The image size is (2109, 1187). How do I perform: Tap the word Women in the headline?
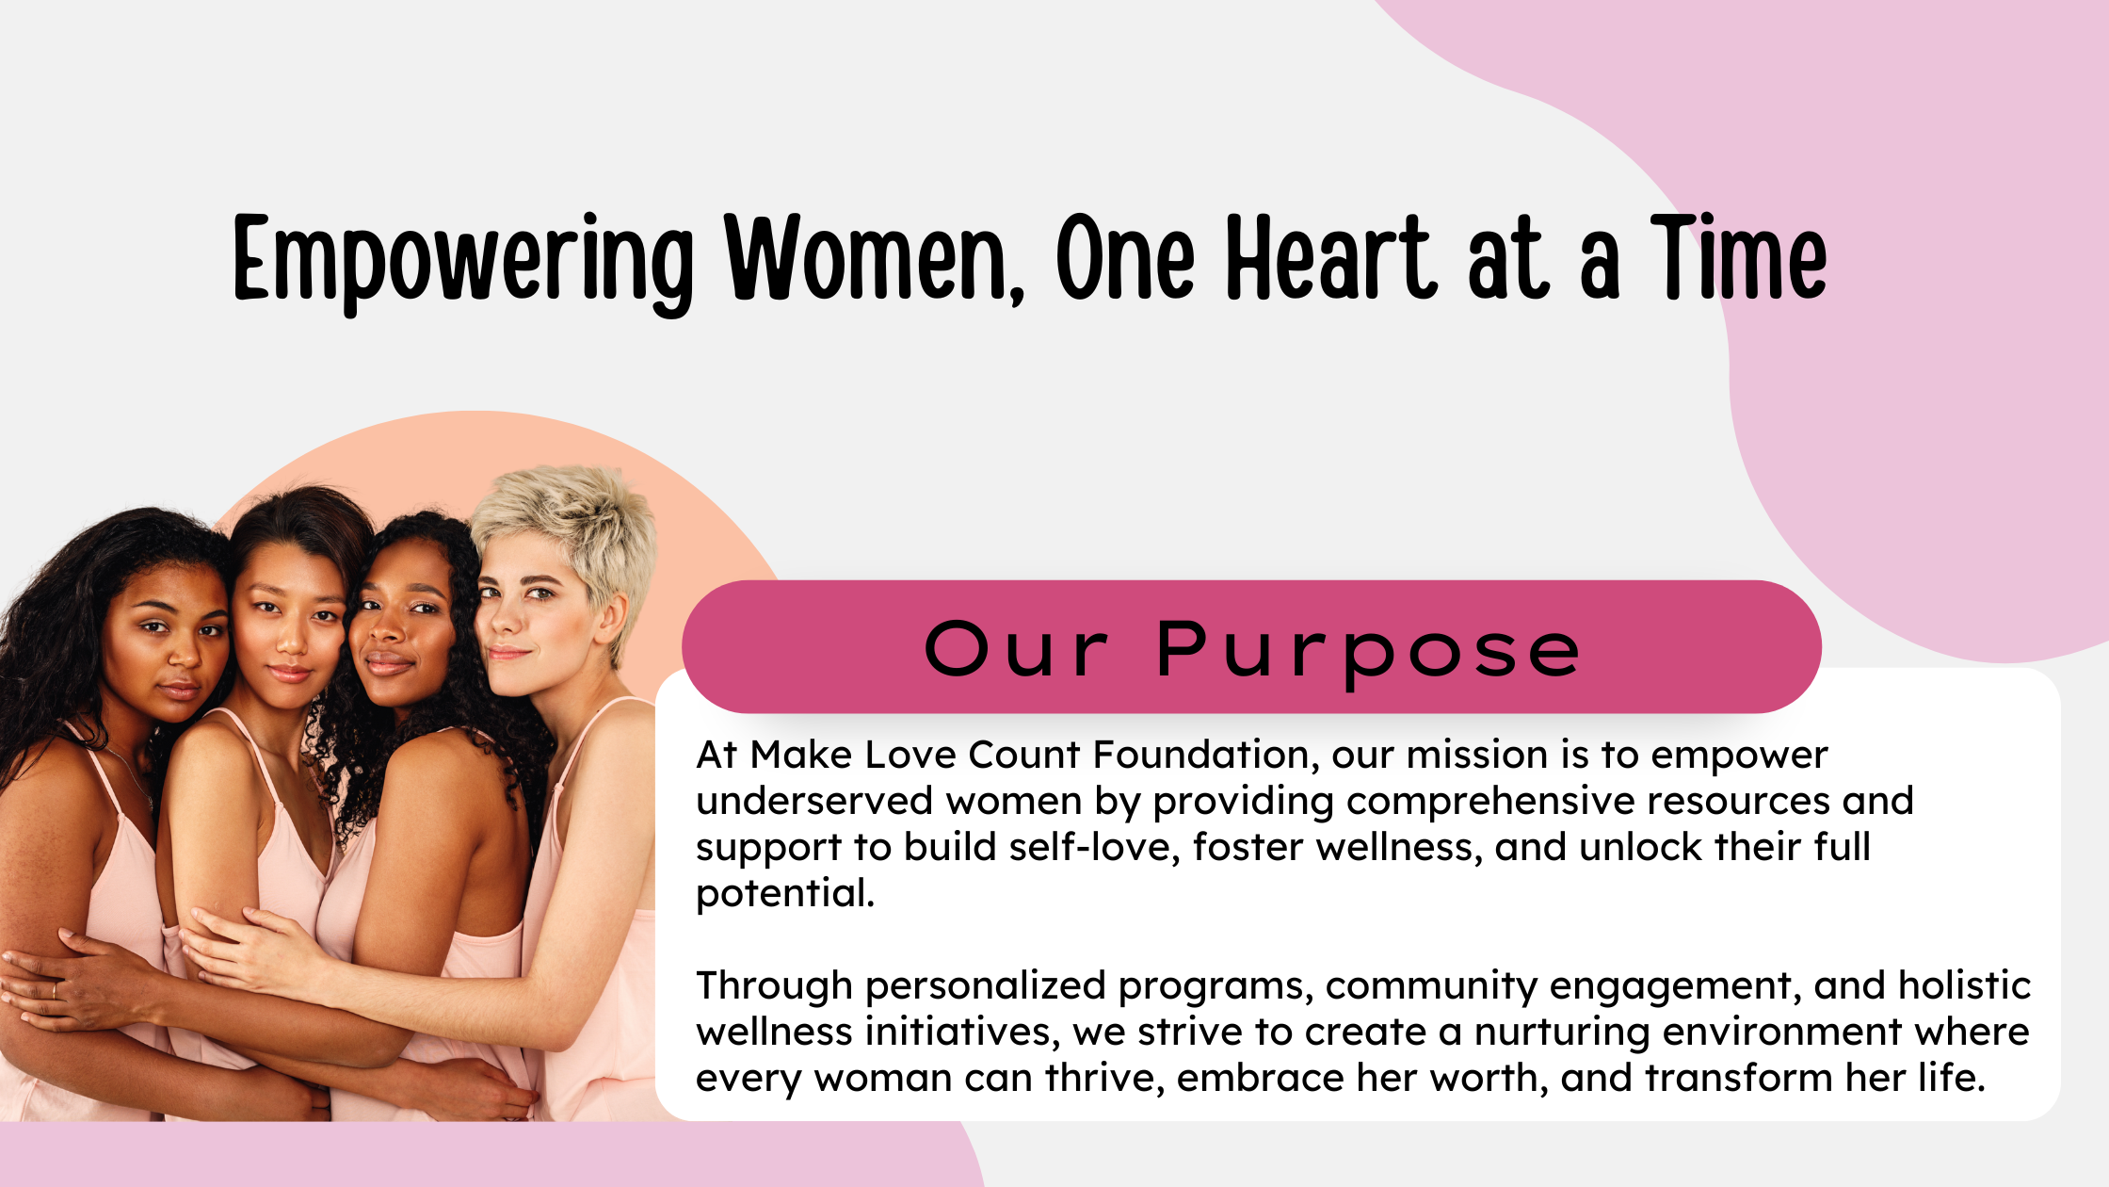866,256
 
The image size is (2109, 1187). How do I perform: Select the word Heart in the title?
1331,256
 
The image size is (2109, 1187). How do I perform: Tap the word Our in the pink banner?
1017,649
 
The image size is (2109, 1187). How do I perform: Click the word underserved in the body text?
814,801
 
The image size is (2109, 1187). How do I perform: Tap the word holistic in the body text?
1964,984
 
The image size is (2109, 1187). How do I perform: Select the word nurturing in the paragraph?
1562,1033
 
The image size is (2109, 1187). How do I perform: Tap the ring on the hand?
54,990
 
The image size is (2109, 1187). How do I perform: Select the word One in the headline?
1125,256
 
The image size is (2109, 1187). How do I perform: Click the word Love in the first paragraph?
910,755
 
